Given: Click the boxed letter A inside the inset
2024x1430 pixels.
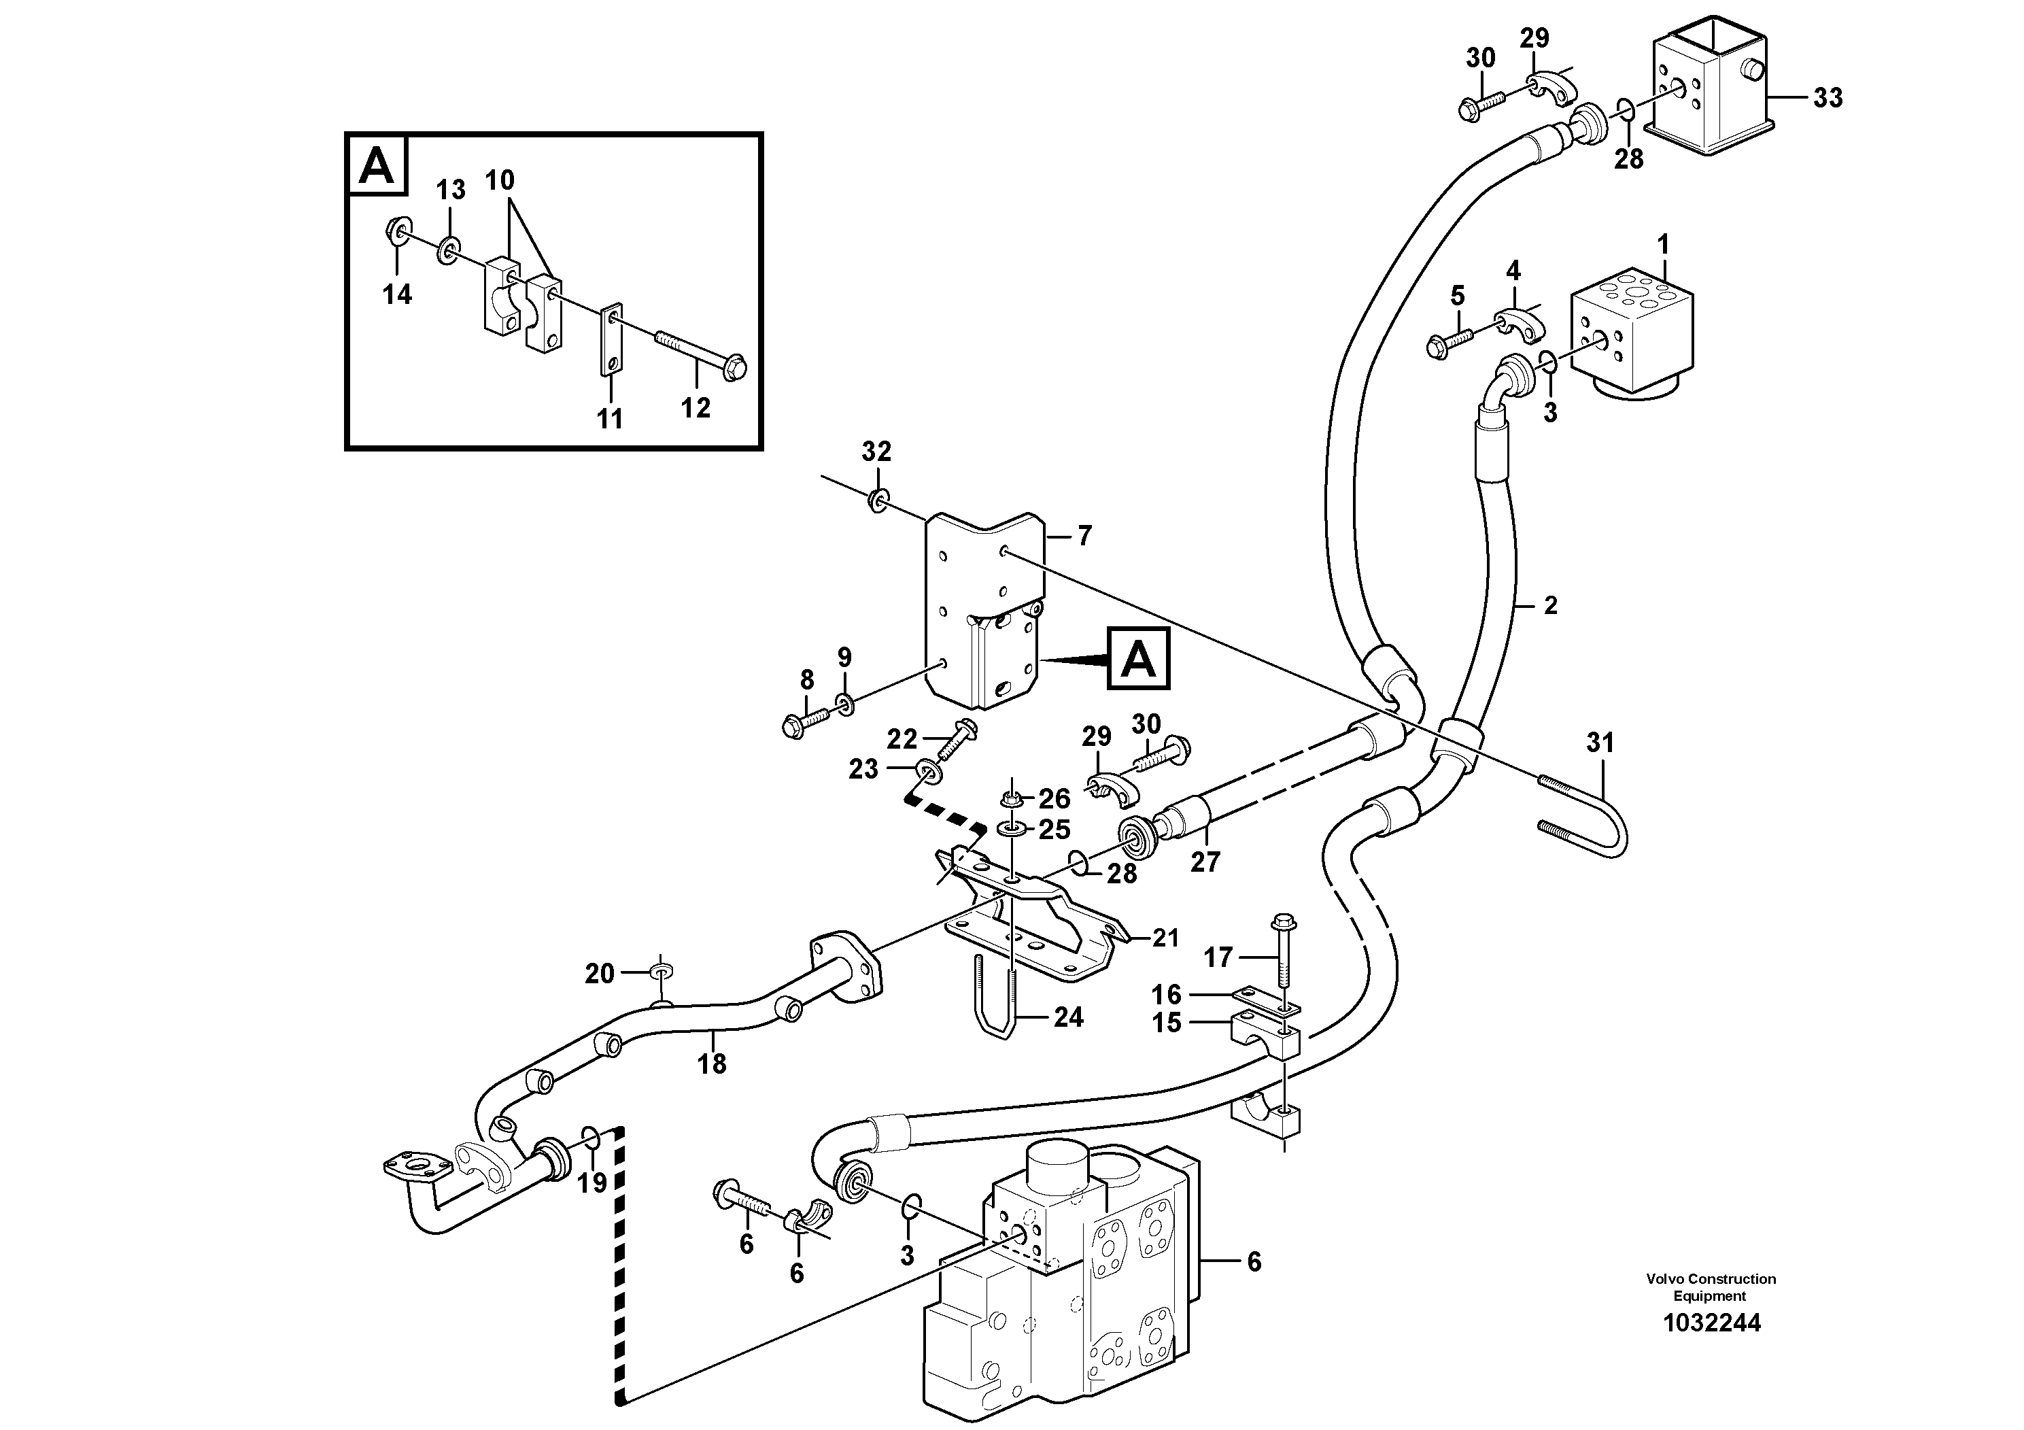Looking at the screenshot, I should point(377,165).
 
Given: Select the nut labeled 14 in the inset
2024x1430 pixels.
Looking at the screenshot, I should point(396,232).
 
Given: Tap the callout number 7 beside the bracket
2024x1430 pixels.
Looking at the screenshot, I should point(1085,535).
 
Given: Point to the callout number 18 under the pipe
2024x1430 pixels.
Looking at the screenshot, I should point(713,1064).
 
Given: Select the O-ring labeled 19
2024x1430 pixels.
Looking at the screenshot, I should point(591,1138).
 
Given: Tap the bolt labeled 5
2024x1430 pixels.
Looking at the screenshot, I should point(1447,339).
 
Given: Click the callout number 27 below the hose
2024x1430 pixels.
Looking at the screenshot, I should point(1204,862).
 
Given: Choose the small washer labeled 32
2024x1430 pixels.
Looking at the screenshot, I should point(878,500).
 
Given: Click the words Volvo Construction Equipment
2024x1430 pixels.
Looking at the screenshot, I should point(1710,1287).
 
